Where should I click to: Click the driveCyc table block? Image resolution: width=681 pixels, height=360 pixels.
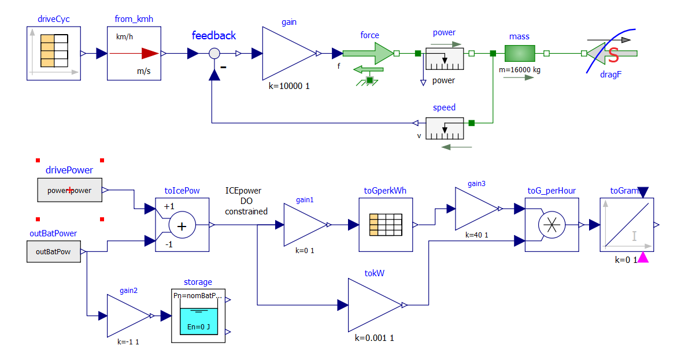coord(53,53)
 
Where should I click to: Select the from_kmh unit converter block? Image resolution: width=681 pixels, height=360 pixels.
coord(134,53)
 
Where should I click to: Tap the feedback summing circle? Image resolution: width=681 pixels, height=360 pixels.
coord(214,54)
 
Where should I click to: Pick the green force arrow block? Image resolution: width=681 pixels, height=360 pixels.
coord(368,53)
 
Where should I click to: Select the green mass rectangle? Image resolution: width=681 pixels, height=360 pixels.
coord(519,54)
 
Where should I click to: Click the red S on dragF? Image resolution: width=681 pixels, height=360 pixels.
coord(613,55)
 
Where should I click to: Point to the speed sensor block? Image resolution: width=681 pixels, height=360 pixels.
coord(445,128)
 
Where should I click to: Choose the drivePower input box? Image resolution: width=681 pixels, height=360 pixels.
coord(69,190)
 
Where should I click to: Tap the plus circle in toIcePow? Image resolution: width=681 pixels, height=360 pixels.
coord(182,226)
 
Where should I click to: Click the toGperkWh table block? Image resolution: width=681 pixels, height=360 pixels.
coord(386,225)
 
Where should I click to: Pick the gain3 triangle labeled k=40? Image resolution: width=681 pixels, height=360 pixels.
coord(476,209)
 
